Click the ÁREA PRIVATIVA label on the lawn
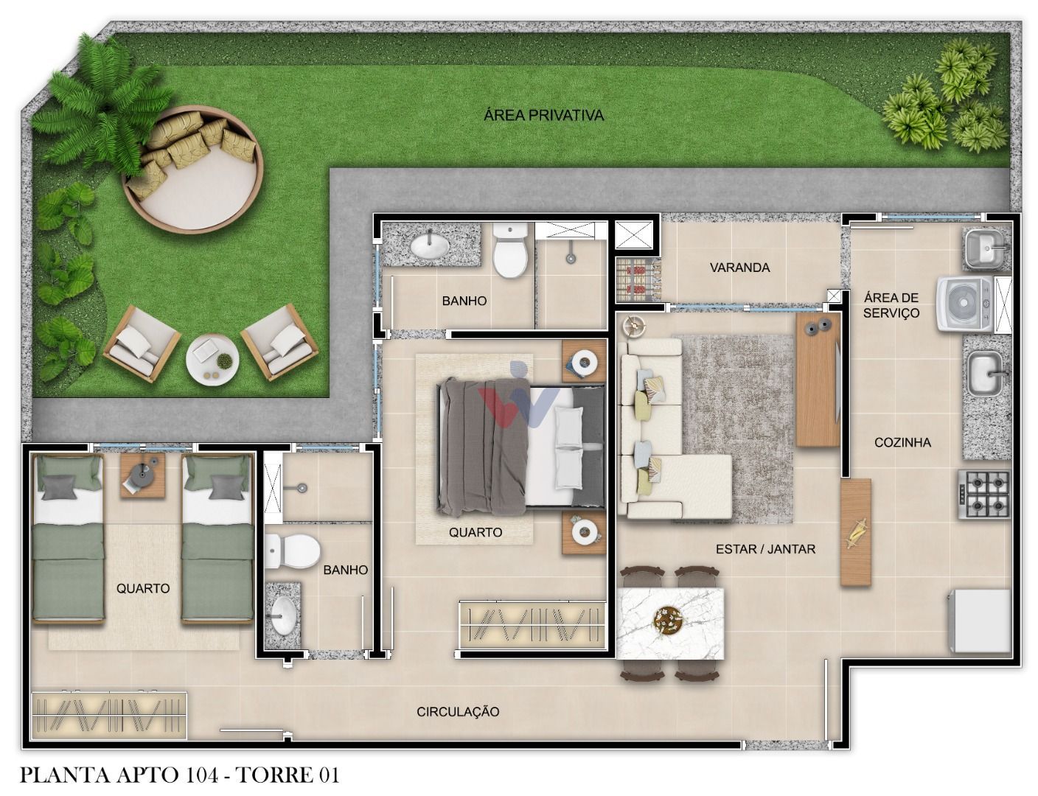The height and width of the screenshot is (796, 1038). click(x=543, y=115)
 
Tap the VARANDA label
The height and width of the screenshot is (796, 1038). click(x=739, y=268)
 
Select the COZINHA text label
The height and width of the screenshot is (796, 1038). click(x=902, y=442)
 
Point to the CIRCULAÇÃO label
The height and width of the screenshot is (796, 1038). click(x=458, y=711)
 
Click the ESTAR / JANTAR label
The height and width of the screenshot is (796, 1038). click(x=765, y=548)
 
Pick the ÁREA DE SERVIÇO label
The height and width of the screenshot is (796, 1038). click(x=891, y=305)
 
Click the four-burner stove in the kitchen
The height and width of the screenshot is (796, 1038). click(x=983, y=494)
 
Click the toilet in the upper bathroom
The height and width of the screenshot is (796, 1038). click(x=510, y=251)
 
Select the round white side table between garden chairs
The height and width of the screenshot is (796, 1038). click(x=212, y=357)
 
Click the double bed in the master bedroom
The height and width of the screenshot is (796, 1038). click(x=520, y=447)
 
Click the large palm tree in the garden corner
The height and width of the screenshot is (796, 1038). click(x=103, y=103)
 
